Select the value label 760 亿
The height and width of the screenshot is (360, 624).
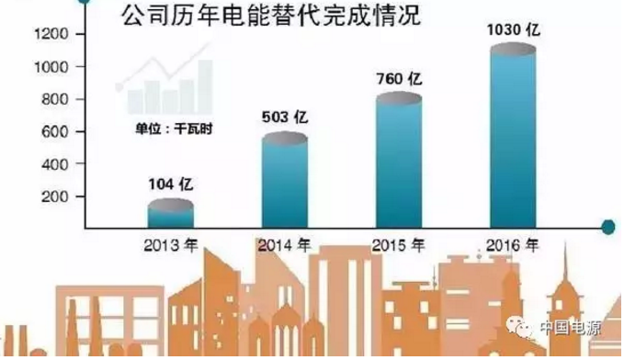[398, 79]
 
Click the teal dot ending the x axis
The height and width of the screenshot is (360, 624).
[607, 225]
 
